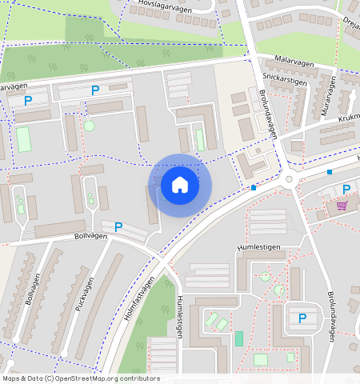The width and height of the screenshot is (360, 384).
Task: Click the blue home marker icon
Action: pos(180,185)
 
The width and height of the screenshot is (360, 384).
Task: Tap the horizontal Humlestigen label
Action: pos(258,247)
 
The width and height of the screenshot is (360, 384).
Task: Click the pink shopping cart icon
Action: pos(342,205)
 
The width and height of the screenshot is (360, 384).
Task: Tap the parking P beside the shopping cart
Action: pos(346,190)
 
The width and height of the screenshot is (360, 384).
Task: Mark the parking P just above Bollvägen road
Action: pos(118,227)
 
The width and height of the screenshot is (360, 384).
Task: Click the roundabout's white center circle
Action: pos(289,180)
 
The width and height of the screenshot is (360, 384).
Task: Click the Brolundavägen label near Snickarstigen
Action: pos(267,112)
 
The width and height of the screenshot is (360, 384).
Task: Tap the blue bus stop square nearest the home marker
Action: pos(254,188)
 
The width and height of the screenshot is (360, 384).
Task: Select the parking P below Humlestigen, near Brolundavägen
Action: pos(302,318)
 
